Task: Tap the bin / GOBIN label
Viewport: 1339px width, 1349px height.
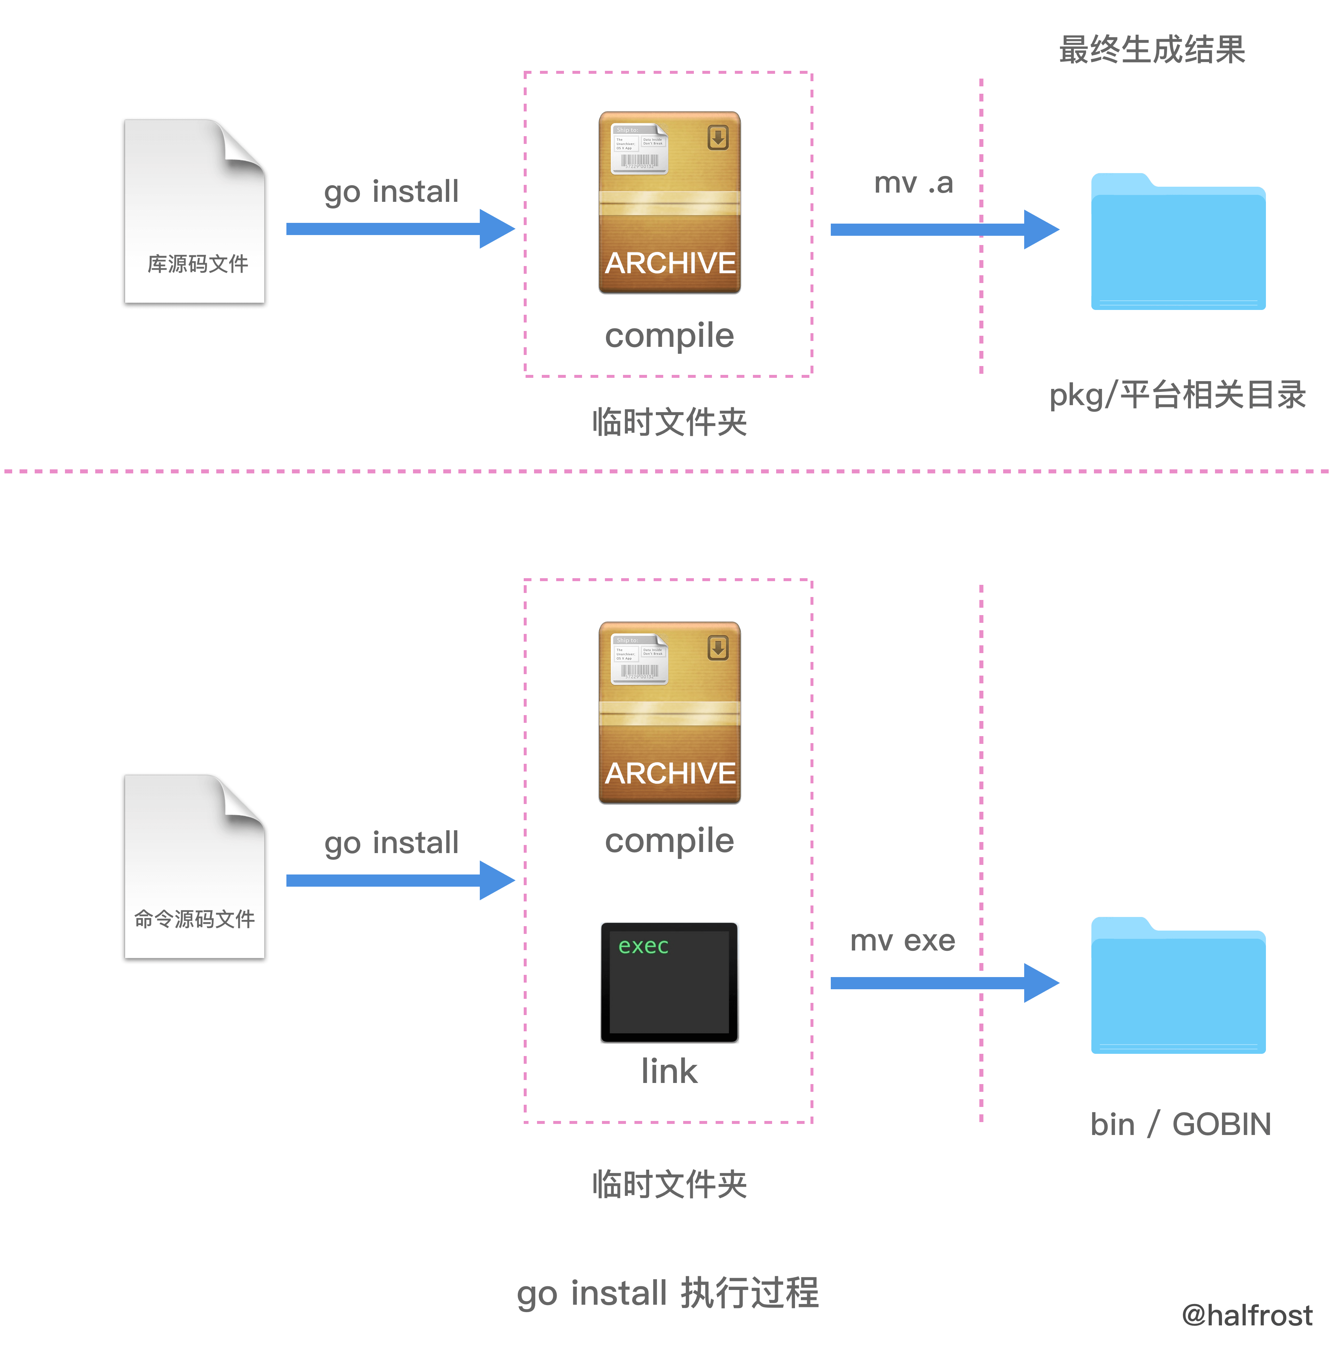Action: coord(1180,1124)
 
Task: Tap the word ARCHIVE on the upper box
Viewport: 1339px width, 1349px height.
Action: coord(670,263)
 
